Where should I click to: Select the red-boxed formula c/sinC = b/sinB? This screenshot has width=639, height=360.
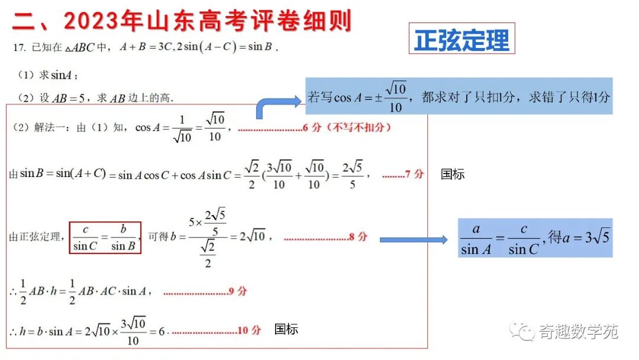point(105,237)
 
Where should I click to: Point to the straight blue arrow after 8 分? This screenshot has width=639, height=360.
point(413,239)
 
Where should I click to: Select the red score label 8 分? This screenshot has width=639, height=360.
point(358,237)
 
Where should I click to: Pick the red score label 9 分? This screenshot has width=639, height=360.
point(238,291)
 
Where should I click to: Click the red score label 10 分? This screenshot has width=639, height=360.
point(249,330)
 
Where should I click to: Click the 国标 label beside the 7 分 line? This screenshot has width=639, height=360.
point(453,174)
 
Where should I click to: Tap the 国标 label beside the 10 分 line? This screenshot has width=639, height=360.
point(286,329)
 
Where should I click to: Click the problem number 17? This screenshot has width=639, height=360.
point(18,47)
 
